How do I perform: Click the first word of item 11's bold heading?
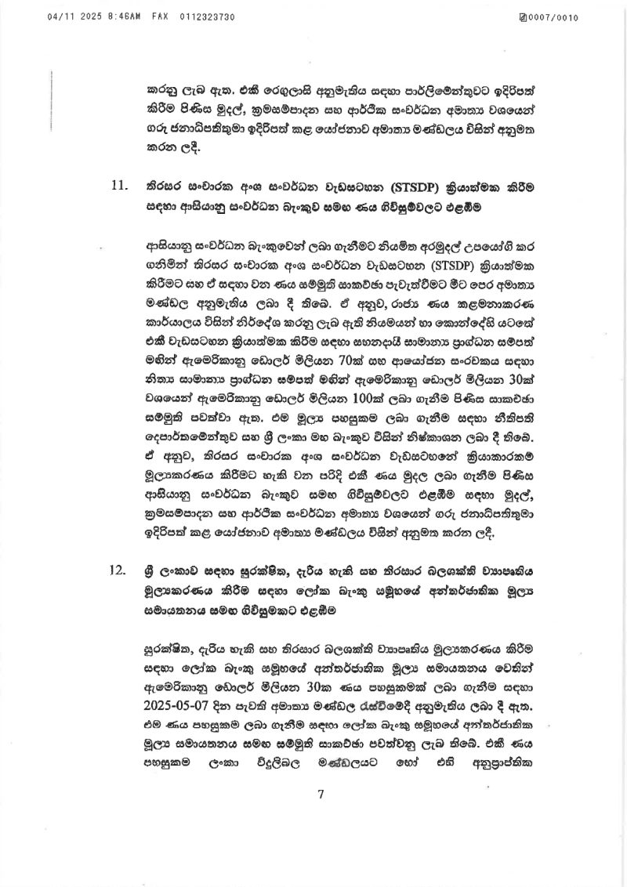(163, 189)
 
